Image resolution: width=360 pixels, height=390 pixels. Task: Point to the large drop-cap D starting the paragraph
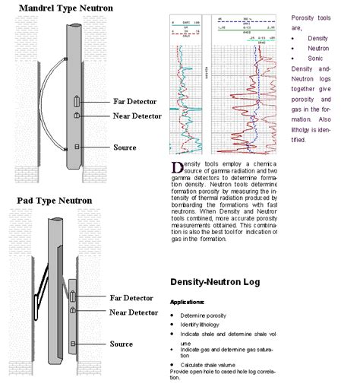coord(176,166)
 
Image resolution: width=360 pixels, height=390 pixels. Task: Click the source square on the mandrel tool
coord(77,145)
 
